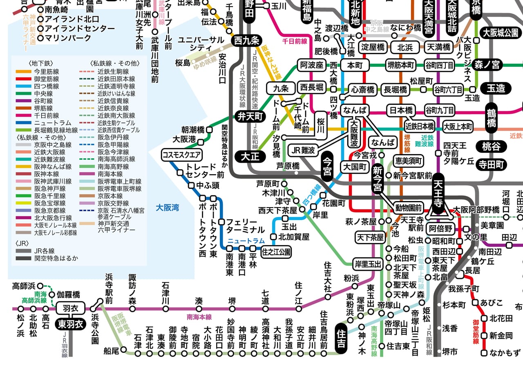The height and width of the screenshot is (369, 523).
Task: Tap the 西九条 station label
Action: [x=247, y=40]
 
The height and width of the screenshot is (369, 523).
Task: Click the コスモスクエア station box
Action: [x=182, y=155]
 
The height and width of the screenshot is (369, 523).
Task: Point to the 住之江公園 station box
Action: [x=277, y=252]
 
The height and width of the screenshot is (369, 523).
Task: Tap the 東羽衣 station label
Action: [x=70, y=324]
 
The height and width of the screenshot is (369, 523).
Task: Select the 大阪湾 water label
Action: [x=168, y=208]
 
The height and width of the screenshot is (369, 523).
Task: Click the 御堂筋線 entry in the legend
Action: [x=47, y=79]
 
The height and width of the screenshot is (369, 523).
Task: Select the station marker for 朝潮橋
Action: [x=209, y=130]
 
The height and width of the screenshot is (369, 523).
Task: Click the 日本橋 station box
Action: [x=401, y=110]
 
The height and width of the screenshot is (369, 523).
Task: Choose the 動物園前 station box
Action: [x=408, y=208]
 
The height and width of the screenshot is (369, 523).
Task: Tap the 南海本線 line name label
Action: [x=199, y=317]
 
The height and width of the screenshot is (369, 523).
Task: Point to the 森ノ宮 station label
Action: [x=487, y=65]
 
